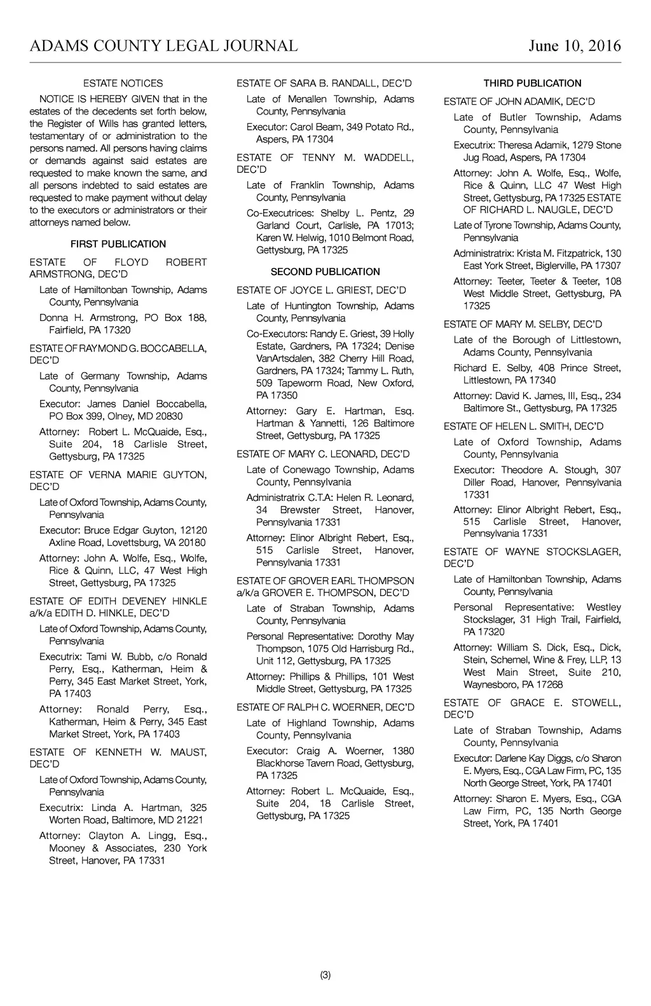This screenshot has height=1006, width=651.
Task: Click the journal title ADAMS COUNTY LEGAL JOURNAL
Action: pyautogui.click(x=163, y=46)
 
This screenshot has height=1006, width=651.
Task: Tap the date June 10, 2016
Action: pyautogui.click(x=574, y=46)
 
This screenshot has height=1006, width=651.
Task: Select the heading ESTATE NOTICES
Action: pyautogui.click(x=123, y=83)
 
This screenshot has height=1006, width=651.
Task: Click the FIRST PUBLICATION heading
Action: pyautogui.click(x=118, y=244)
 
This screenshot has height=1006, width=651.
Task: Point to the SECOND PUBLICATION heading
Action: pyautogui.click(x=325, y=272)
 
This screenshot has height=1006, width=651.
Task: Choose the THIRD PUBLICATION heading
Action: pyautogui.click(x=532, y=83)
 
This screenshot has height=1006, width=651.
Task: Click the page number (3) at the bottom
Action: pyautogui.click(x=325, y=975)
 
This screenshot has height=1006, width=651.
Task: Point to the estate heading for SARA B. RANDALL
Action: pyautogui.click(x=324, y=83)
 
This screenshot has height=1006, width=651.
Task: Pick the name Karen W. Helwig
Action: pyautogui.click(x=292, y=238)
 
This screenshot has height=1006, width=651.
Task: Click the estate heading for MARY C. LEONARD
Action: pyautogui.click(x=323, y=454)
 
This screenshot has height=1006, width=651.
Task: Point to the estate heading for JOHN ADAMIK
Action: pyautogui.click(x=519, y=102)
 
